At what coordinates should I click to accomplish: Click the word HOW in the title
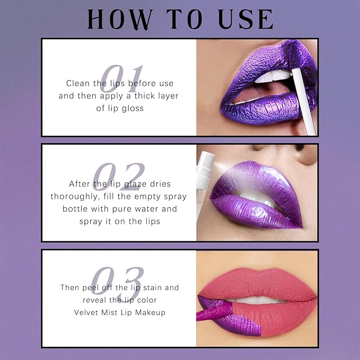(x=120, y=19)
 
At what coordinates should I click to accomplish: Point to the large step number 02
(x=118, y=177)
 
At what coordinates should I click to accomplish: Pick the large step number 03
(x=117, y=280)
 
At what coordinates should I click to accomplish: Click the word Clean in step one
(x=77, y=83)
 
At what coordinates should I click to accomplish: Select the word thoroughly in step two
(x=75, y=197)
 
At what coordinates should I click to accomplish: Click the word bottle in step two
(x=75, y=209)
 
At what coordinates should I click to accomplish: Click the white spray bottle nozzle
(x=206, y=166)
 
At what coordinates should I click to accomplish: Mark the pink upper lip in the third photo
(x=257, y=284)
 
